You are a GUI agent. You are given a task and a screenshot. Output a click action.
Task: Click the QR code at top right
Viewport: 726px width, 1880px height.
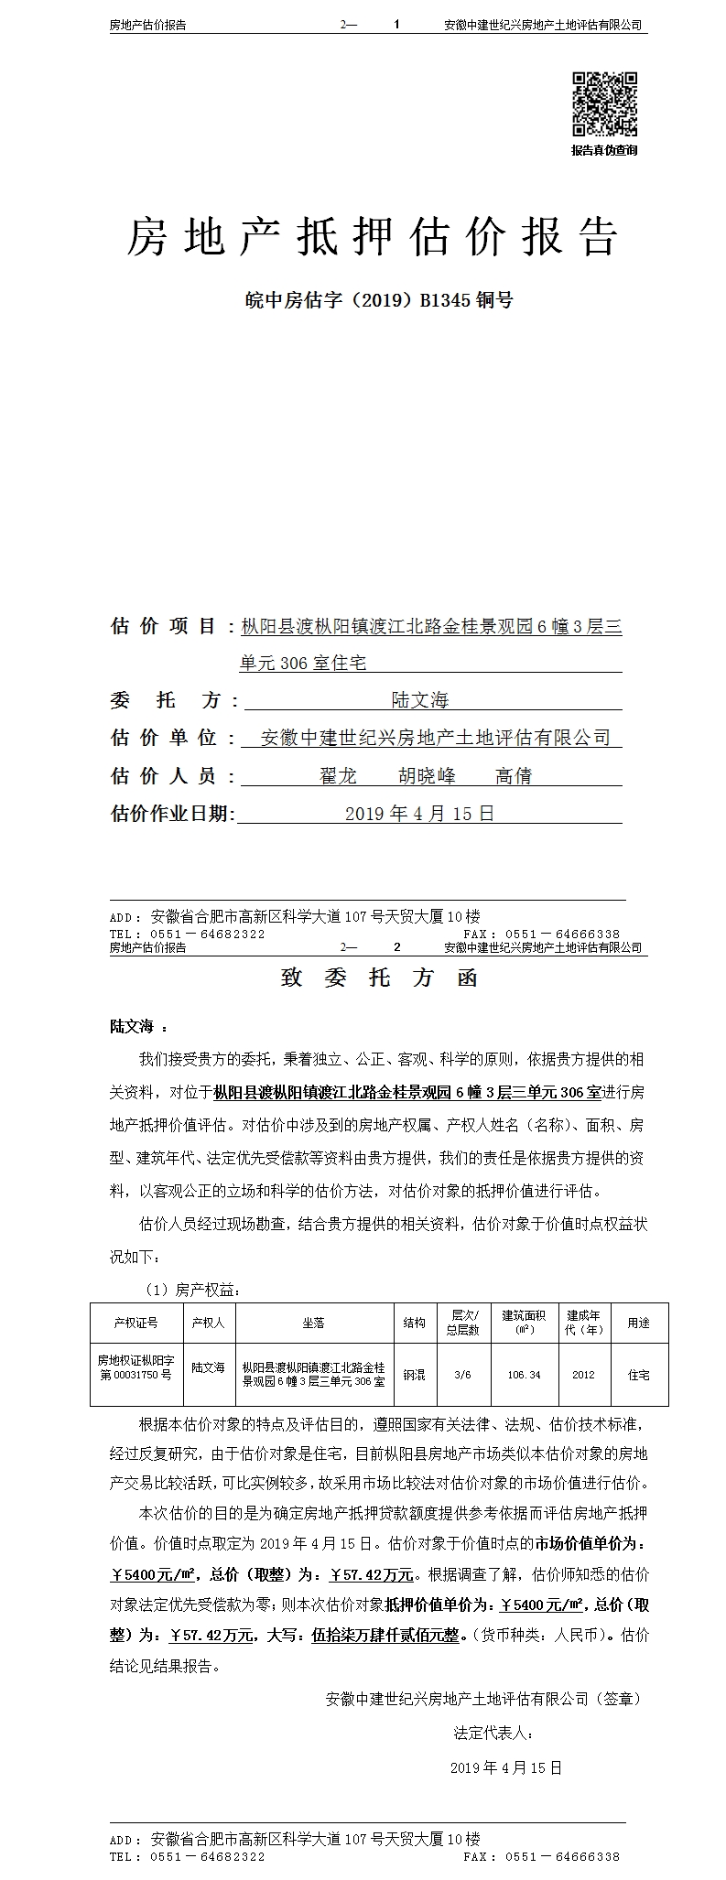coord(604,104)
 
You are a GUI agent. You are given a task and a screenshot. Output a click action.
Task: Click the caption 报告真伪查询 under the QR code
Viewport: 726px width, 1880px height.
coord(604,150)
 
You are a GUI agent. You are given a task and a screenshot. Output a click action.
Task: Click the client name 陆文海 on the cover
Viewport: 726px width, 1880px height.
coord(420,700)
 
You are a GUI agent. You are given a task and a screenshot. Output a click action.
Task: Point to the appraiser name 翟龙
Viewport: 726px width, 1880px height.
coord(338,776)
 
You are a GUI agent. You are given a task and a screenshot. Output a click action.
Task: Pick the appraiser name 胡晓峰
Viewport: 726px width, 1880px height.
coord(427,776)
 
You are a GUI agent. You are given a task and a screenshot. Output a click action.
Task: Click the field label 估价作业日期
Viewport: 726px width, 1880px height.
coord(173,814)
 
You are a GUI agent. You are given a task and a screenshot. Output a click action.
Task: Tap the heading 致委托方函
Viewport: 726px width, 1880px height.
coord(379,978)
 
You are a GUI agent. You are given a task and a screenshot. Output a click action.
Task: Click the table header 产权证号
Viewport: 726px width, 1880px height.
coord(135,1323)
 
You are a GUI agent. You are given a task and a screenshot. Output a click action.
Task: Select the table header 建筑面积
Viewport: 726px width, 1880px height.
coord(525,1322)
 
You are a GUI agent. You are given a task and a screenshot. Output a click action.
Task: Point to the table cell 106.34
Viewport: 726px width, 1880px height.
coord(524,1374)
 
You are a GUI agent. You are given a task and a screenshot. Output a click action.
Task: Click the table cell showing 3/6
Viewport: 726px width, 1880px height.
coord(462,1374)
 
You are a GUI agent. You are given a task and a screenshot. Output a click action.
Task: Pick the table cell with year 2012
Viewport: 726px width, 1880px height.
coord(583,1374)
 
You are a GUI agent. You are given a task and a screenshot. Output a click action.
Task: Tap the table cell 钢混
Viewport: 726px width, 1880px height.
coord(414,1374)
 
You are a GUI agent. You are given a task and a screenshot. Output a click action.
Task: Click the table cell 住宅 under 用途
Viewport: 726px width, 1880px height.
coord(638,1374)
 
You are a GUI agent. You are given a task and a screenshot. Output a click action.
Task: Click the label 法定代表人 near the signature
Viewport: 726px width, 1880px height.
coord(493,1733)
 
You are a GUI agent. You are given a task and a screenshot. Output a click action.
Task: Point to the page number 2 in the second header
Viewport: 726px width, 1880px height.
coord(396,947)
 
